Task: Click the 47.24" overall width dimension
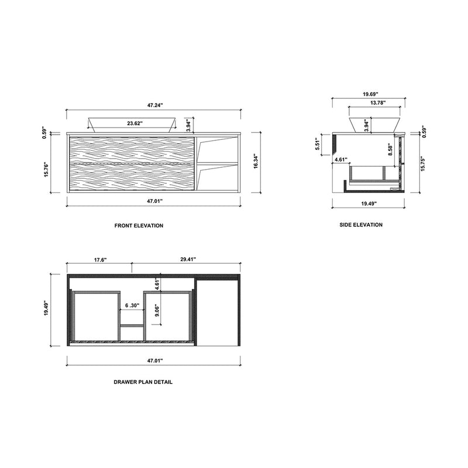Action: (x=154, y=105)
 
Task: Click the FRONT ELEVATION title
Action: (x=139, y=225)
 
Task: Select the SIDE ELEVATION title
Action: (x=361, y=225)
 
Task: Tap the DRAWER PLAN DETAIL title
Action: (x=143, y=381)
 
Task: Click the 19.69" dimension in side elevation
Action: (x=370, y=94)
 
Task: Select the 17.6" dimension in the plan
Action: (x=99, y=259)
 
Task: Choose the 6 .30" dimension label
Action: (x=132, y=305)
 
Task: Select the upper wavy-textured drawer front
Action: (x=131, y=148)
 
